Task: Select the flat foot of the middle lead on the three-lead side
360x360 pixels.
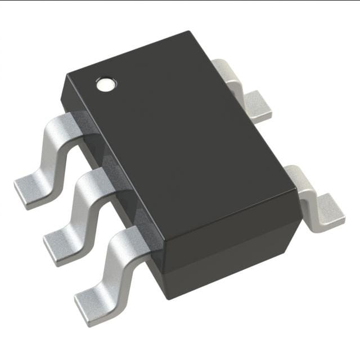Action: [x=59, y=245]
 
